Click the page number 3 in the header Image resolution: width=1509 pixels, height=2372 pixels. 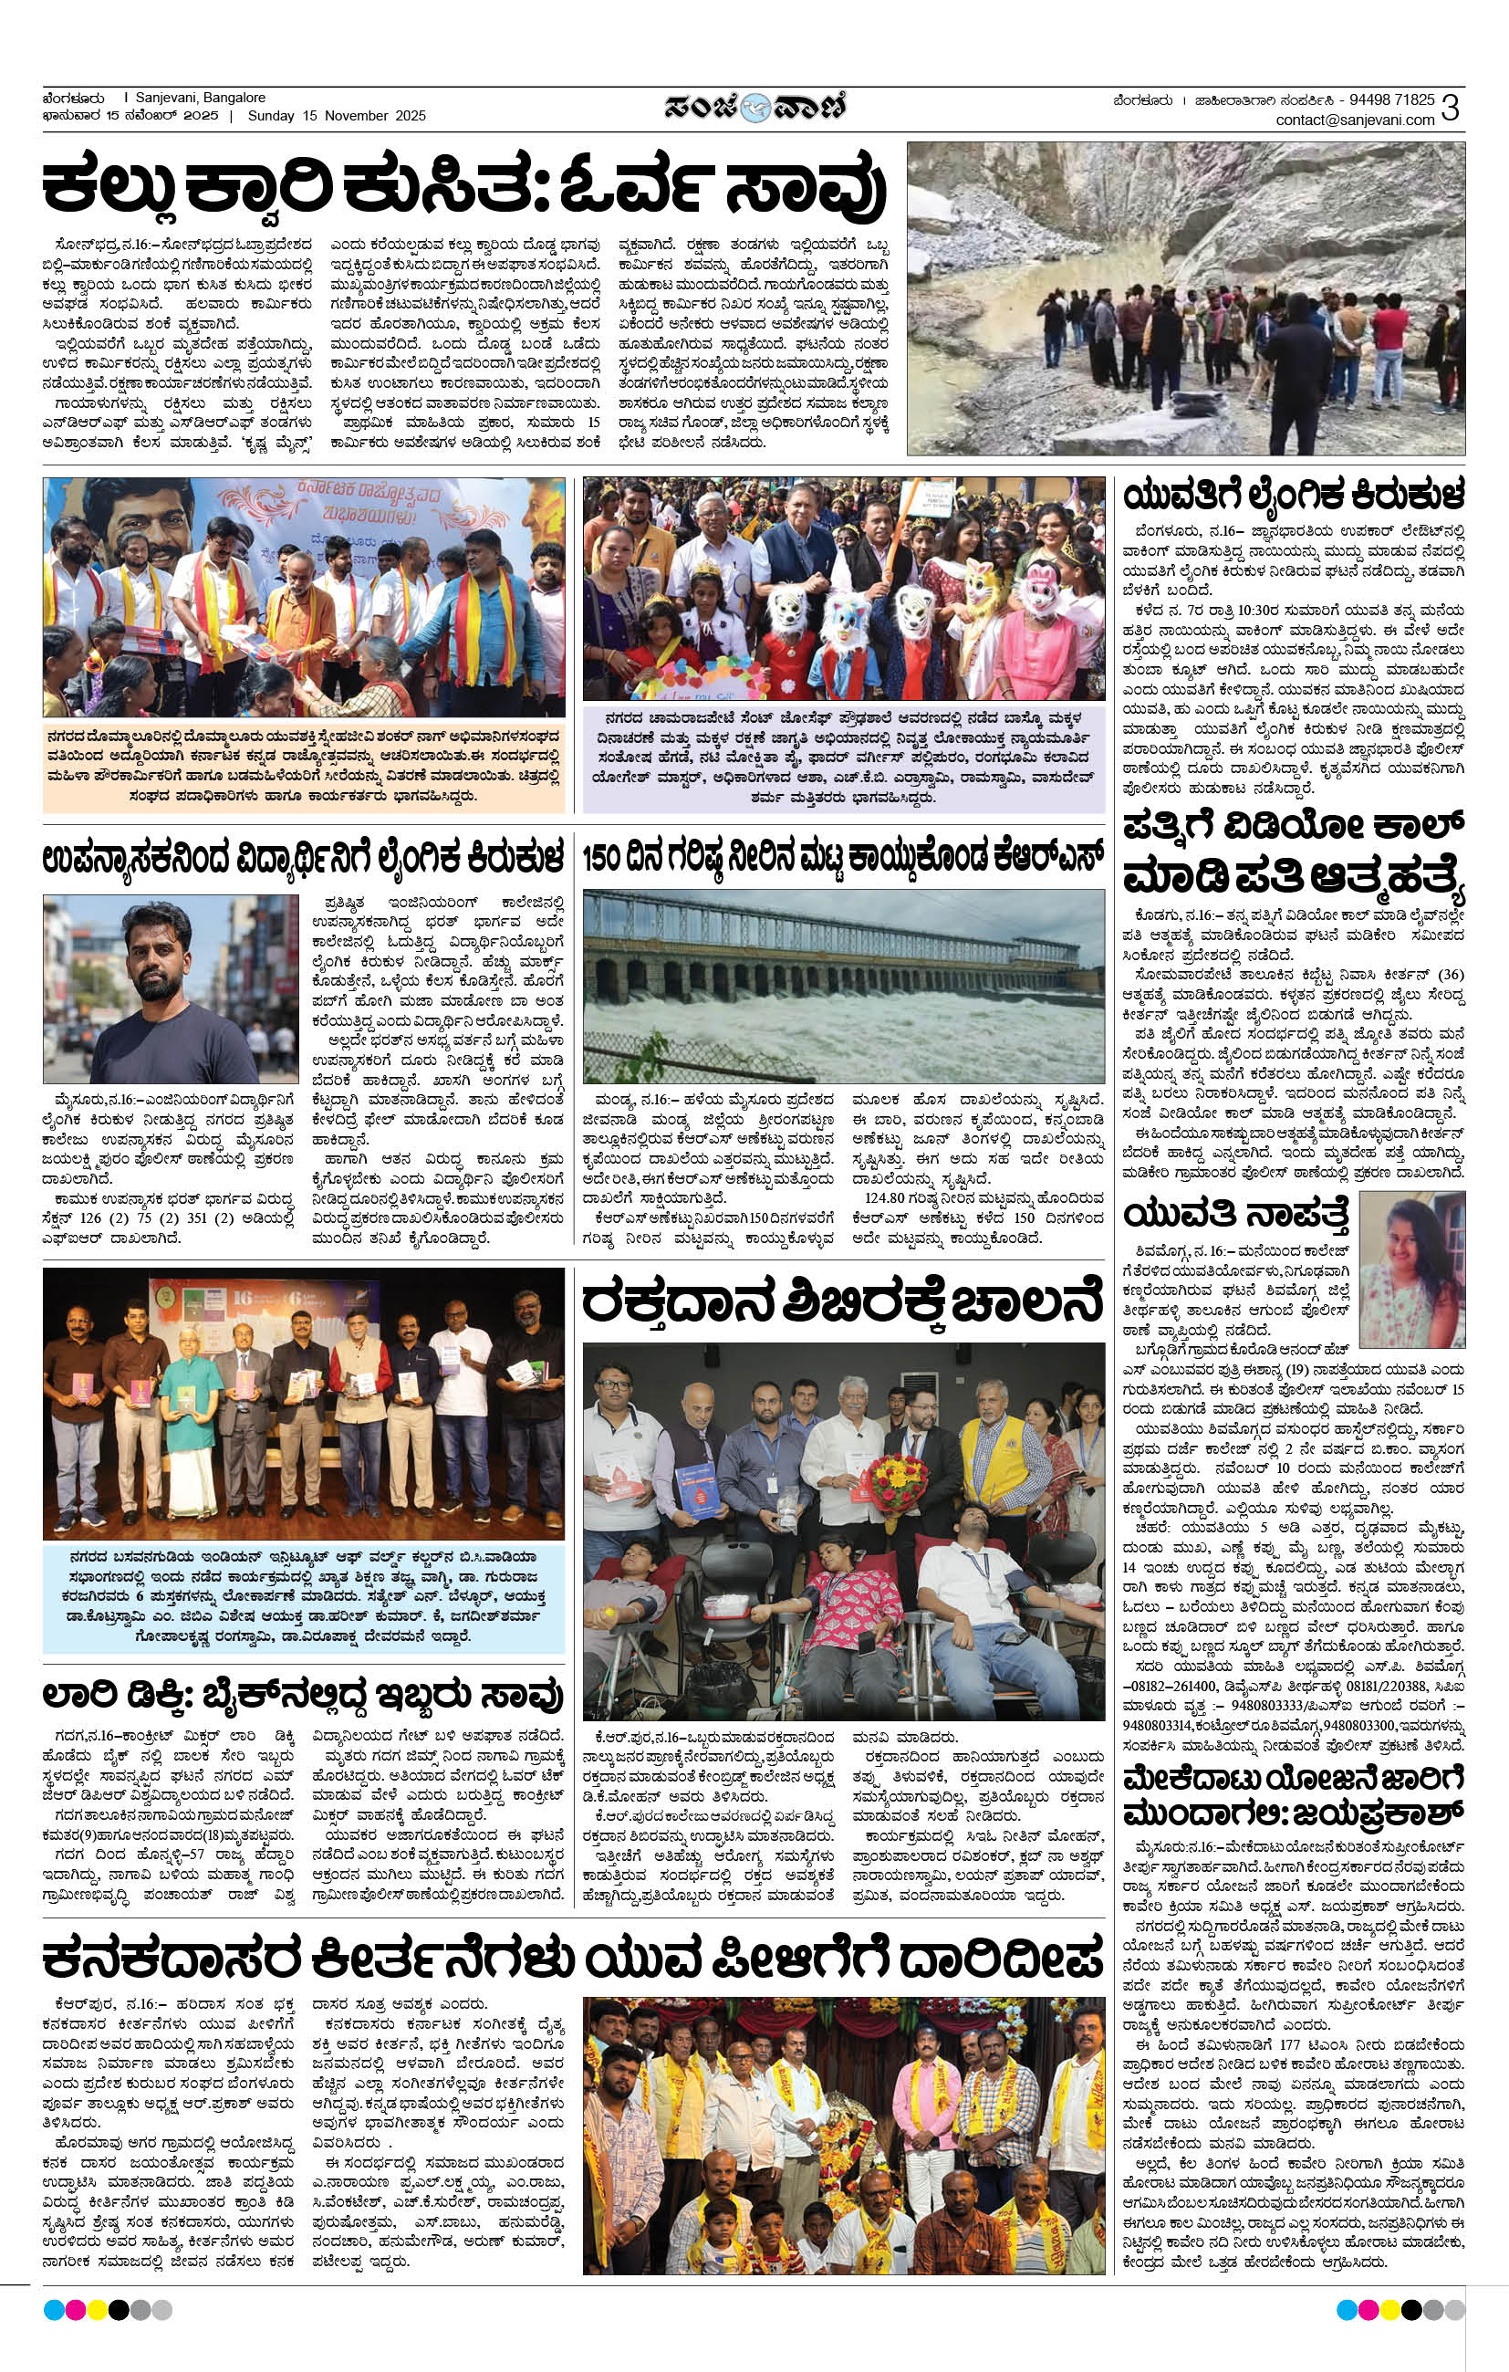click(1449, 109)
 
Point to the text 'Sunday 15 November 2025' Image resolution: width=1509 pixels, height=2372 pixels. click(337, 116)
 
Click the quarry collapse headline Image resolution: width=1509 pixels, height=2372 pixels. click(463, 187)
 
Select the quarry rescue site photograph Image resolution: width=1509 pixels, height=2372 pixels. click(1185, 298)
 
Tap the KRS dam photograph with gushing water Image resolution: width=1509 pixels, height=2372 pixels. click(843, 986)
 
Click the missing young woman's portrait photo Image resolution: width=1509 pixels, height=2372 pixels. click(1411, 1270)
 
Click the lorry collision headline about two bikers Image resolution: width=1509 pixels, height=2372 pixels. click(302, 1697)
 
